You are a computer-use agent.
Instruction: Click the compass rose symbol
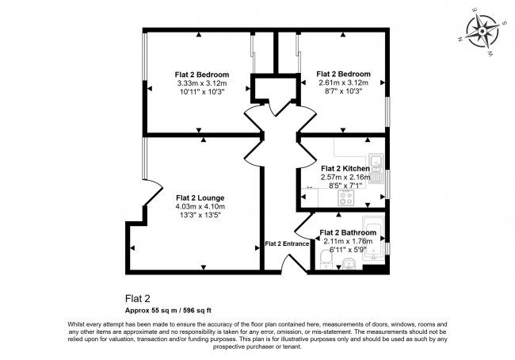coord(483,31)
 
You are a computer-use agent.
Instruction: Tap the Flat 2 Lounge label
coord(200,198)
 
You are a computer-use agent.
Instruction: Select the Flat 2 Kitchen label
coord(345,169)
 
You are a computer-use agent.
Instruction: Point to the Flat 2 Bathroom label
coord(348,233)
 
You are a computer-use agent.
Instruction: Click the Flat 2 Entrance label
coord(287,243)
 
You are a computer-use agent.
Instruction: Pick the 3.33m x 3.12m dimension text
coord(202,83)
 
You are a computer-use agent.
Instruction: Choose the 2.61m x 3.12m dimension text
coord(344,82)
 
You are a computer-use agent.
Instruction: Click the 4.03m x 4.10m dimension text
coord(200,207)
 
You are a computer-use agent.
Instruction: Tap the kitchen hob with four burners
coord(345,198)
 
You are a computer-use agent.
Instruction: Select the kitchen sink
coord(376,168)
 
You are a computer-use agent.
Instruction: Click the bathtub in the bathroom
coord(373,239)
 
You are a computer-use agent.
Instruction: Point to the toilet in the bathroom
coord(326,259)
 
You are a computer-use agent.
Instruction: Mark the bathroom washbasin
coord(349,264)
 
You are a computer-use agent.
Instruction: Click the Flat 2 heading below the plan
coord(138,298)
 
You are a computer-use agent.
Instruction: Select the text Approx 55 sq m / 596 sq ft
coord(168,310)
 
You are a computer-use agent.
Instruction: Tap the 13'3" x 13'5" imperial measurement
coord(200,216)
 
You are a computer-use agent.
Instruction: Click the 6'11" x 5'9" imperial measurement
coord(348,250)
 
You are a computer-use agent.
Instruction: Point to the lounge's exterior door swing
coord(152,193)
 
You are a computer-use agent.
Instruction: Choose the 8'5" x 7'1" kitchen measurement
coord(345,186)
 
